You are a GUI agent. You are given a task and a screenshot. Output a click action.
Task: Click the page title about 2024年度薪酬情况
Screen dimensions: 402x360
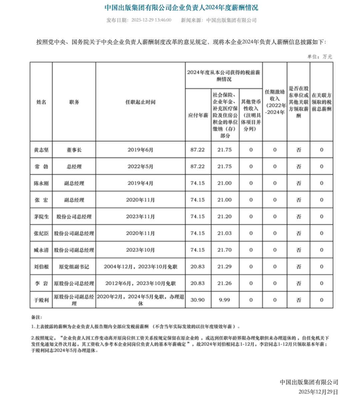point(181,7)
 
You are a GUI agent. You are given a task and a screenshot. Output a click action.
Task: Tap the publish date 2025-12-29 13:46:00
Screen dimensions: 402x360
point(151,20)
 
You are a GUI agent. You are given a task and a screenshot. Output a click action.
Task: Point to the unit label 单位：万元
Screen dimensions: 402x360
point(319,57)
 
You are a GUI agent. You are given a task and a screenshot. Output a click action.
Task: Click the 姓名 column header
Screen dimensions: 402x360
point(41,102)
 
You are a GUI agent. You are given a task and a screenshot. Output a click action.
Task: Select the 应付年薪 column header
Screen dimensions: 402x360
point(198,115)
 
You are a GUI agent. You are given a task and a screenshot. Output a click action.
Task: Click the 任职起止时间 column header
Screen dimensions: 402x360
point(140,102)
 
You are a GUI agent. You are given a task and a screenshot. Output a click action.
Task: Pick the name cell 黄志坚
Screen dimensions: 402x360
point(41,150)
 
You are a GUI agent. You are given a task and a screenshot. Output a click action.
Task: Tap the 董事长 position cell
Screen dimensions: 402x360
point(74,150)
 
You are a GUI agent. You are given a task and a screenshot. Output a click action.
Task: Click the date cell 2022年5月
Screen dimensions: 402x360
point(140,166)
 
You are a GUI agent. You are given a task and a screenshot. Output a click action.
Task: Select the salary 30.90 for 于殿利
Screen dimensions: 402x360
point(198,300)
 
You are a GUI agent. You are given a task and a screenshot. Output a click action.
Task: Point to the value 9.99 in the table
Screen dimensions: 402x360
point(224,300)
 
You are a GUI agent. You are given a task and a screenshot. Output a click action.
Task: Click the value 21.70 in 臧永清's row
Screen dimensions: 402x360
point(224,250)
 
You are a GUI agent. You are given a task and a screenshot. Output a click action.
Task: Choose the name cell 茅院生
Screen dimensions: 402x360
point(41,217)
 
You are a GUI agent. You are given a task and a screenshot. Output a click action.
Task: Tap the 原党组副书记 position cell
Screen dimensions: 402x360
point(74,267)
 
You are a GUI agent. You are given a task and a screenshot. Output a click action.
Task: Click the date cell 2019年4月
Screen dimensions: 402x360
point(140,183)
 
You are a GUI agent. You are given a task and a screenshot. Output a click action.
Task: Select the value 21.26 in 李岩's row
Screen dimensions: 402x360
point(224,283)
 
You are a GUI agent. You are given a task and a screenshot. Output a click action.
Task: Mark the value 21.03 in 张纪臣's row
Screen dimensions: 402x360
point(224,233)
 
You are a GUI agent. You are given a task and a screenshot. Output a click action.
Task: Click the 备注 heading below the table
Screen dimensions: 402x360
point(36,317)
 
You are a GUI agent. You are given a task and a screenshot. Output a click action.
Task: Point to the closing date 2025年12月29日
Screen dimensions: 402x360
point(318,392)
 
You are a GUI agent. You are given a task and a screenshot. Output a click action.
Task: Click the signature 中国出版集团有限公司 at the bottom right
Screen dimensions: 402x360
point(309,382)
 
